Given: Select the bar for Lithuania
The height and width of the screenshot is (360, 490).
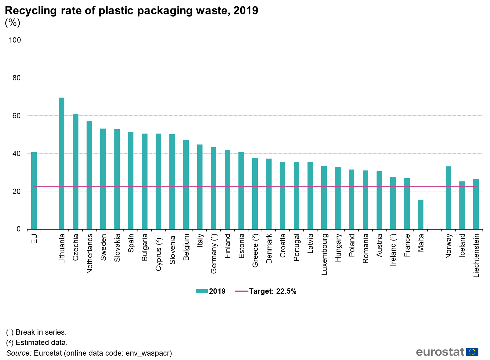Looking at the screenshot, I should pyautogui.click(x=62, y=163).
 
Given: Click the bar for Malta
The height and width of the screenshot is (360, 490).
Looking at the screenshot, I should pyautogui.click(x=421, y=214).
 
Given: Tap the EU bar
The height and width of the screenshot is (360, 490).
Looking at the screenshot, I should pyautogui.click(x=34, y=190).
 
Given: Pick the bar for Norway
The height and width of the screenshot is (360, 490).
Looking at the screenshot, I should pyautogui.click(x=448, y=198).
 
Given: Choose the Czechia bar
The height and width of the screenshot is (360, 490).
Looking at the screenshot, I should pyautogui.click(x=76, y=171).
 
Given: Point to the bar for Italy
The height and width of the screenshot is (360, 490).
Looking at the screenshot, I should pyautogui.click(x=200, y=187).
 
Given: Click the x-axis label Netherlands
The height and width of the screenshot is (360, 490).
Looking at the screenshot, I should pyautogui.click(x=90, y=254).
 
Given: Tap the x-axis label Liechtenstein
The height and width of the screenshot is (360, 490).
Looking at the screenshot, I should pyautogui.click(x=476, y=255).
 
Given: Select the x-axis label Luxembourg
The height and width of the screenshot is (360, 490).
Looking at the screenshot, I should pyautogui.click(x=324, y=254).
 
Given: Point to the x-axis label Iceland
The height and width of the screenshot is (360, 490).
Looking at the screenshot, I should pyautogui.click(x=462, y=246).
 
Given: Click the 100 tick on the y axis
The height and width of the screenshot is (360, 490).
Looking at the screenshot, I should pyautogui.click(x=15, y=40).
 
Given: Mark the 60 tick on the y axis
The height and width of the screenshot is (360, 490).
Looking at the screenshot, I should pyautogui.click(x=17, y=116).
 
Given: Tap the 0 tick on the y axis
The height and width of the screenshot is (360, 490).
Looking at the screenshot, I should pyautogui.click(x=18, y=229).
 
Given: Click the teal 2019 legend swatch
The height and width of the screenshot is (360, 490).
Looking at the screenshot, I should pyautogui.click(x=202, y=291).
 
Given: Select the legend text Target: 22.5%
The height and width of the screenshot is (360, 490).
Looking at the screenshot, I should pyautogui.click(x=272, y=291).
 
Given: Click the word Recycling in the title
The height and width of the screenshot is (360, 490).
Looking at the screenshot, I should pyautogui.click(x=31, y=11).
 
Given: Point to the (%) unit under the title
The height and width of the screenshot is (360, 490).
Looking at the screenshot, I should pyautogui.click(x=12, y=23).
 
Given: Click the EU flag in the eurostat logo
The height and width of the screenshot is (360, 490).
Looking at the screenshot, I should pyautogui.click(x=472, y=352).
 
